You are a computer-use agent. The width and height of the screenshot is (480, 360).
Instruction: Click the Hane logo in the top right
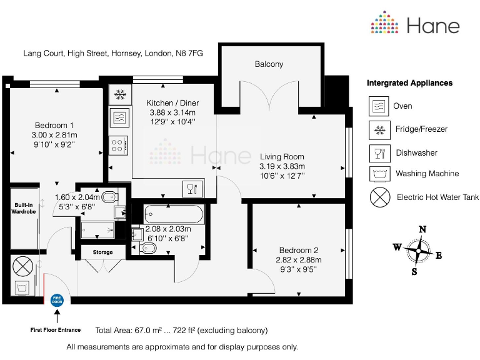pos(415,25)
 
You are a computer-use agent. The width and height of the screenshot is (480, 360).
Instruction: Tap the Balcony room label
pos(269,64)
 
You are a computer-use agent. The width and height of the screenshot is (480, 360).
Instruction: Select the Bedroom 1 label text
pos(56,125)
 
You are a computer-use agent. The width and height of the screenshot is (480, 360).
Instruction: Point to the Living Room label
pos(282,157)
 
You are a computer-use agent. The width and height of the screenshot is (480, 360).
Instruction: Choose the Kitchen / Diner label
pos(171,103)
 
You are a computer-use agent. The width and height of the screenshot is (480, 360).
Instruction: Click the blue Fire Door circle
pos(56,300)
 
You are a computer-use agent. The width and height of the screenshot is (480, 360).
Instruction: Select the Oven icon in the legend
pos(378,106)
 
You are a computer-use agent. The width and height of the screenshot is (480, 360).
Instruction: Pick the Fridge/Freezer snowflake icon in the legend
pos(378,129)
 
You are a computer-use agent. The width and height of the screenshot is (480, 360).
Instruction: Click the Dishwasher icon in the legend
pos(378,152)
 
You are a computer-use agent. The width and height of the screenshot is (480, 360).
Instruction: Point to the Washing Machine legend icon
pos(378,174)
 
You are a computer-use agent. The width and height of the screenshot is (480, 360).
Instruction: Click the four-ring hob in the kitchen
pos(118,146)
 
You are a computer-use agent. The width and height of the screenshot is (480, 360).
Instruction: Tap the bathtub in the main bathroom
pos(173,214)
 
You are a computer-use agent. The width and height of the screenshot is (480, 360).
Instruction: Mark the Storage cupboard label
pos(103,252)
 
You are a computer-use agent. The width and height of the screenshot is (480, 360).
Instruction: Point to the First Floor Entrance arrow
pos(56,317)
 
